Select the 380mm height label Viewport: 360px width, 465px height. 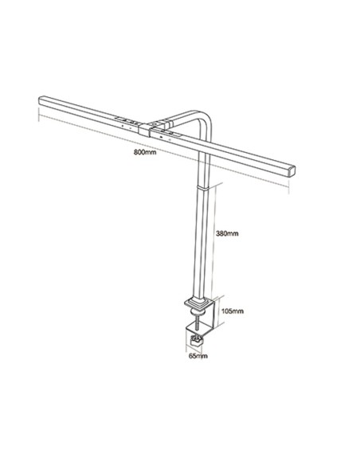(226, 233)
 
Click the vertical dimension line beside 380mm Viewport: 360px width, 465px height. (213, 239)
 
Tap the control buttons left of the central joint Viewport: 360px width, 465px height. (124, 121)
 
